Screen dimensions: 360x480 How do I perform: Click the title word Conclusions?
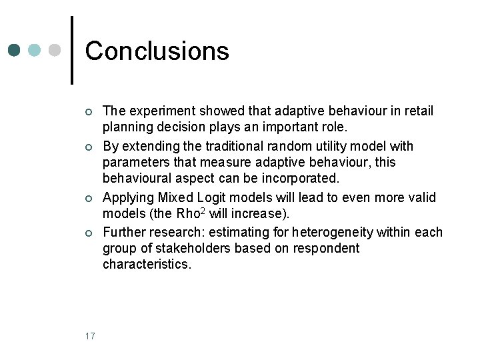tap(157, 51)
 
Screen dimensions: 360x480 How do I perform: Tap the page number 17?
tap(90, 335)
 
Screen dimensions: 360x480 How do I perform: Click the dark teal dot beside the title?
tap(15, 51)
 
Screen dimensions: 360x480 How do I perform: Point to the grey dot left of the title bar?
tap(55, 51)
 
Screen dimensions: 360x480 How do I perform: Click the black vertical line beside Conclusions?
tap(72, 50)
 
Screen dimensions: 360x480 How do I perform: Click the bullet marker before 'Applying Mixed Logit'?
tap(88, 198)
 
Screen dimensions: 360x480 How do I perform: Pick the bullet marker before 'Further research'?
tap(88, 233)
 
